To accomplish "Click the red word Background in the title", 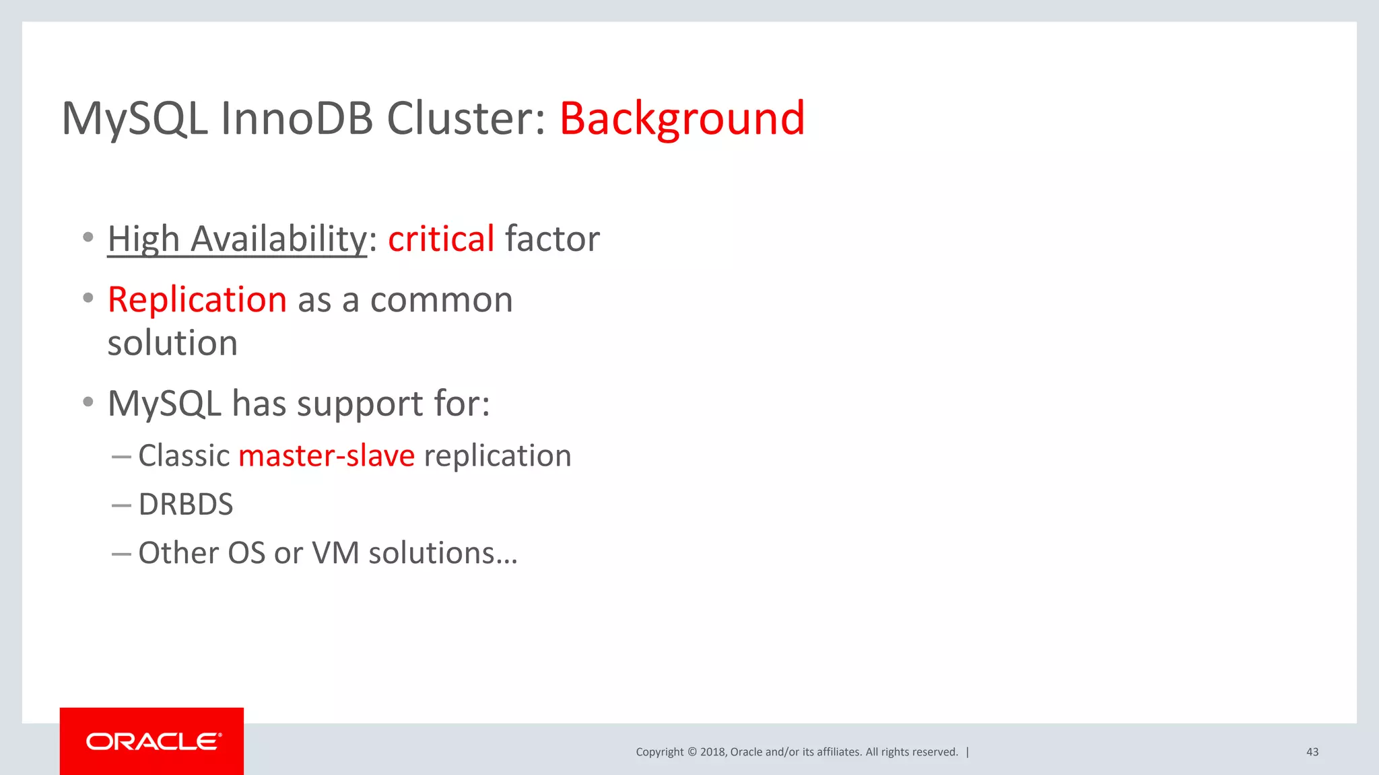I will [x=681, y=118].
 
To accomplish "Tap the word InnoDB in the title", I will [x=296, y=118].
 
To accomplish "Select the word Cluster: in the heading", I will [x=465, y=118].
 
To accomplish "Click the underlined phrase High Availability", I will [x=237, y=239].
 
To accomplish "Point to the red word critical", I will [x=441, y=239].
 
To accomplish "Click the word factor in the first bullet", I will [x=552, y=239].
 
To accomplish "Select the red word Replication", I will [x=197, y=299].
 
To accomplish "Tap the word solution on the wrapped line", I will [x=172, y=343].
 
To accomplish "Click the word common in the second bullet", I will [x=441, y=299].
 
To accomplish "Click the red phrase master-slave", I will [x=327, y=456].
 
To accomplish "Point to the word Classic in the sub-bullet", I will [x=184, y=456].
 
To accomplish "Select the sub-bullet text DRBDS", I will [x=186, y=505].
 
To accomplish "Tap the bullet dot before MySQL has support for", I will [x=88, y=402].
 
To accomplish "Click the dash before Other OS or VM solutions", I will [x=121, y=554].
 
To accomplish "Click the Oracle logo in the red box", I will [x=152, y=741].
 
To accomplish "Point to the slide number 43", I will [x=1312, y=752].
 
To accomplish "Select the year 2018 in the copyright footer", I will [x=712, y=752].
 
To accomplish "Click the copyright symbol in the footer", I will [x=692, y=752].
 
